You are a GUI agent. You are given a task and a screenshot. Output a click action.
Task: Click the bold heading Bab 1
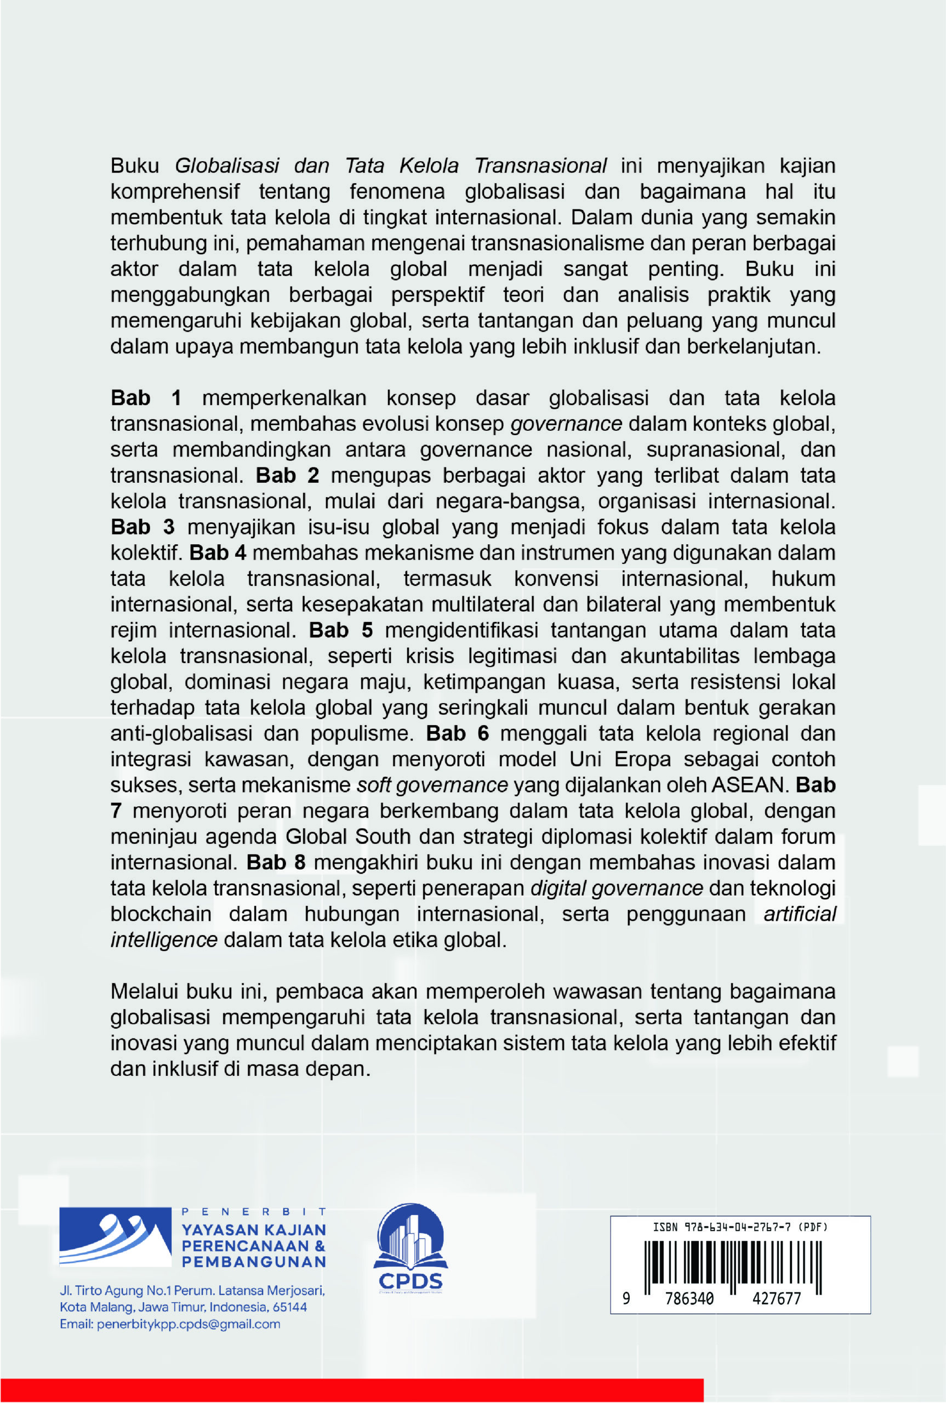(145, 398)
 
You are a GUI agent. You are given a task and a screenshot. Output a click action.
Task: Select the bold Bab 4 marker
(217, 553)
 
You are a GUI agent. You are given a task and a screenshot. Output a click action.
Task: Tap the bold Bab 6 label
(457, 733)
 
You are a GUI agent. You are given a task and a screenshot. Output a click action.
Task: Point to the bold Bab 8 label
(276, 863)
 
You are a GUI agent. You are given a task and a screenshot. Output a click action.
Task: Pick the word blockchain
(161, 915)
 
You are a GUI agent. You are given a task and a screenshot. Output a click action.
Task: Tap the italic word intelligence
(163, 940)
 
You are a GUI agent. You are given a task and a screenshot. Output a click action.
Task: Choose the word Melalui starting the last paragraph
(144, 991)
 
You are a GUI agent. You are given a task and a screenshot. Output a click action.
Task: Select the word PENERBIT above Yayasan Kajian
(253, 1211)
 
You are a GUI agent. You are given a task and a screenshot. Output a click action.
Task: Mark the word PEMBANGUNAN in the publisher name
(253, 1261)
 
